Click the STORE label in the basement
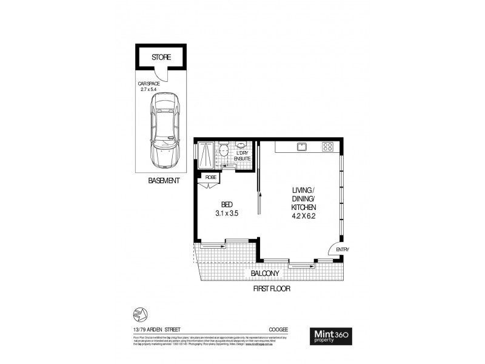(x=161, y=58)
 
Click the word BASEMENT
(x=164, y=181)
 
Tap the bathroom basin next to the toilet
(x=242, y=146)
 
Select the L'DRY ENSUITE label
(x=242, y=156)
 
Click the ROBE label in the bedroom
(x=211, y=177)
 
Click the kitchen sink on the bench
(x=301, y=147)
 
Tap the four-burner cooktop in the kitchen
(x=327, y=147)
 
